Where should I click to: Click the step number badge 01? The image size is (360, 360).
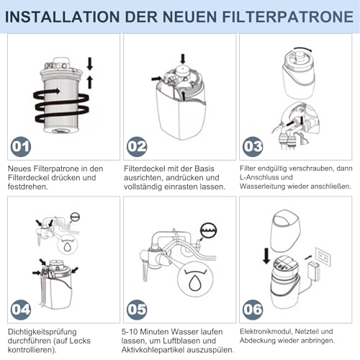click(x=21, y=147)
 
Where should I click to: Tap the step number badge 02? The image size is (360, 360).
click(x=137, y=147)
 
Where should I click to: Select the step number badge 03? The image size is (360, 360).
click(x=253, y=147)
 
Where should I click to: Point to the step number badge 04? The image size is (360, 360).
click(x=21, y=310)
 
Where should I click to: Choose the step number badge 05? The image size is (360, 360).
click(x=137, y=310)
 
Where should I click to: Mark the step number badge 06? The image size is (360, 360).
click(x=253, y=310)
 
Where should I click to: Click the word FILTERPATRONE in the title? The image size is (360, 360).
click(x=287, y=17)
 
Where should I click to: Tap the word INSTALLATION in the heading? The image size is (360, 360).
click(x=62, y=17)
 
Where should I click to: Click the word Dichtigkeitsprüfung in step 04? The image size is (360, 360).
click(x=42, y=332)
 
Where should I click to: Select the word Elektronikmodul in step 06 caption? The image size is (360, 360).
click(x=266, y=332)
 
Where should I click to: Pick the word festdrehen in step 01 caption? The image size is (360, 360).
click(x=28, y=186)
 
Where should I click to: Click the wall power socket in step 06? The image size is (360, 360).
click(x=323, y=257)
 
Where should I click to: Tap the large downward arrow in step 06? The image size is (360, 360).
click(x=266, y=256)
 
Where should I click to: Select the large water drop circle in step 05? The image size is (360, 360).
click(x=195, y=279)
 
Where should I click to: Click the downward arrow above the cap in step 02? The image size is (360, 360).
click(x=183, y=58)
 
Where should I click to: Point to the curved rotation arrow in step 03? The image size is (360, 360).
click(x=303, y=49)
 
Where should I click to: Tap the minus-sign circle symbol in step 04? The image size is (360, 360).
click(x=75, y=217)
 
